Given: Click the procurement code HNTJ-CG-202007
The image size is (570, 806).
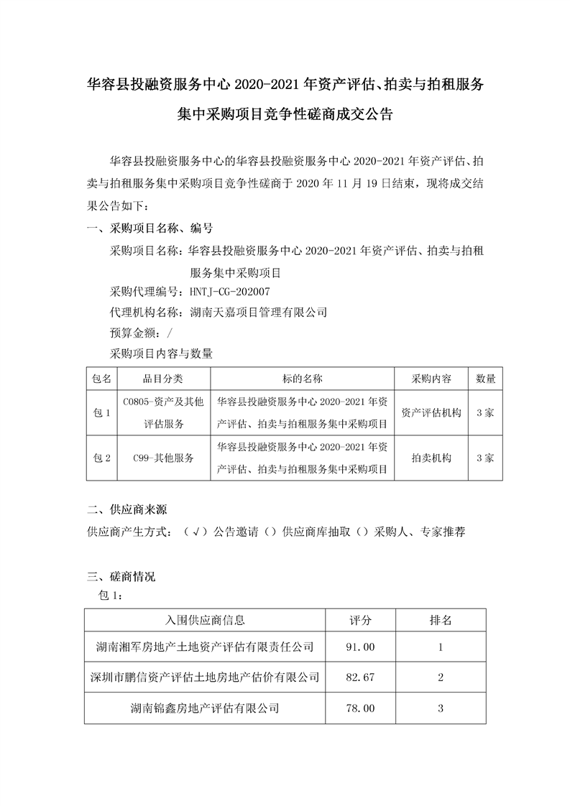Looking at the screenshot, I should click(x=231, y=292).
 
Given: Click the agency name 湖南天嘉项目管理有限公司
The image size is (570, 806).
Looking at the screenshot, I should click(x=259, y=312).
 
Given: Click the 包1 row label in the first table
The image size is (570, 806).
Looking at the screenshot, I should click(x=101, y=413).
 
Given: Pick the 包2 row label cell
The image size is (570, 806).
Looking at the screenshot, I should click(x=101, y=458).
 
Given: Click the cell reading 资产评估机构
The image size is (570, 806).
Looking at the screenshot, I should click(x=431, y=413).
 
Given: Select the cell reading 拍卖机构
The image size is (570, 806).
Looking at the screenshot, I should click(x=431, y=458).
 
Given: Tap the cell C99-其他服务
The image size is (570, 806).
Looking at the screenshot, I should click(x=164, y=458).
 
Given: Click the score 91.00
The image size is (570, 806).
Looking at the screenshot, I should click(x=360, y=647).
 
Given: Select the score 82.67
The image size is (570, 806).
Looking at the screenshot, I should click(x=360, y=677).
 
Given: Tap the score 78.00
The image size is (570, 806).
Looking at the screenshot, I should click(x=360, y=708).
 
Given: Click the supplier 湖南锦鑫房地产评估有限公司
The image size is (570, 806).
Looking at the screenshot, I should click(x=205, y=708).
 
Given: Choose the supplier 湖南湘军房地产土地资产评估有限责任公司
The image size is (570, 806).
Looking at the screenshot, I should click(x=205, y=647).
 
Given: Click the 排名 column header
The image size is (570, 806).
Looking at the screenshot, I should click(x=440, y=619).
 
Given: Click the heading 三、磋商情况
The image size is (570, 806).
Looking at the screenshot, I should click(x=121, y=577).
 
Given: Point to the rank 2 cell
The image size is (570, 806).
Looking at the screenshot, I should click(x=440, y=677).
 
